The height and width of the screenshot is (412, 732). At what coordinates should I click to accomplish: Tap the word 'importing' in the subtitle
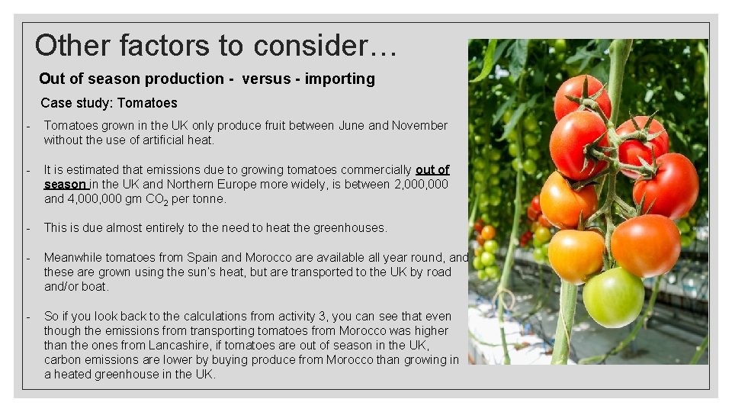tap(339, 79)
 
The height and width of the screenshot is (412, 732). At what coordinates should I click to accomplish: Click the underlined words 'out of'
tap(432, 170)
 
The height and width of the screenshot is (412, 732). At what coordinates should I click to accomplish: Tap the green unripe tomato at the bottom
tap(612, 297)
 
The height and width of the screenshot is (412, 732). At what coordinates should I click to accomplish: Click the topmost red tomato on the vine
tap(582, 97)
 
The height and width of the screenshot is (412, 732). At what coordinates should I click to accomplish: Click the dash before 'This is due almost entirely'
tap(27, 228)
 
